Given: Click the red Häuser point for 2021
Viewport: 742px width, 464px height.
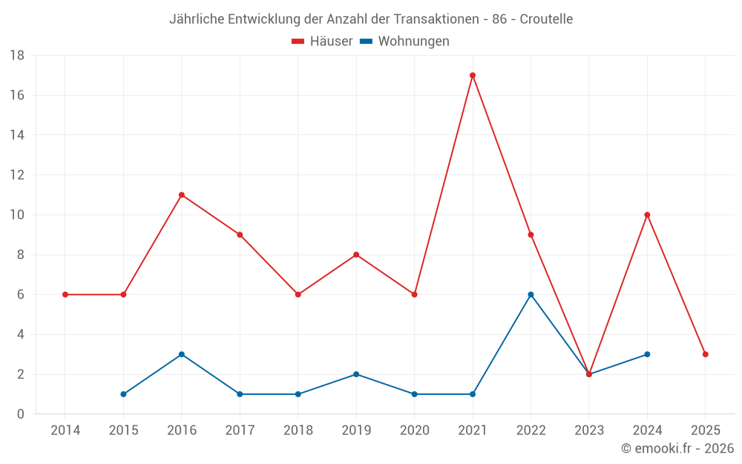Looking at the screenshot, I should (x=473, y=75).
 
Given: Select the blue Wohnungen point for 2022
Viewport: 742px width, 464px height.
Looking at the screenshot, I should (x=531, y=295).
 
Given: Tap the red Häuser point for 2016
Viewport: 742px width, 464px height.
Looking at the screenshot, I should (x=182, y=195).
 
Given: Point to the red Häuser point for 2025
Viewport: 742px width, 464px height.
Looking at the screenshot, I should (x=706, y=354).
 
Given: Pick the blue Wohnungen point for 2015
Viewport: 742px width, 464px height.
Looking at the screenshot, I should (x=123, y=394).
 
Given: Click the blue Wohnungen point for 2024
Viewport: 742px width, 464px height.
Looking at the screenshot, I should (x=647, y=354).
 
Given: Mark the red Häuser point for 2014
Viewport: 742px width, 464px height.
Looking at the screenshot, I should (x=65, y=295).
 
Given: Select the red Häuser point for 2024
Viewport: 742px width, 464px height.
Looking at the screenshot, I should (x=647, y=215).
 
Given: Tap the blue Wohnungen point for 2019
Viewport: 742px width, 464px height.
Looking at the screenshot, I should (x=356, y=374).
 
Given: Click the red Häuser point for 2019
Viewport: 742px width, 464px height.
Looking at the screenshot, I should (x=356, y=255).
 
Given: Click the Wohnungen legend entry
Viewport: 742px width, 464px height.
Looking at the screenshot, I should (x=405, y=42).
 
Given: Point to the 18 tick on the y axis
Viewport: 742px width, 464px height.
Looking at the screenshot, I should (x=17, y=56).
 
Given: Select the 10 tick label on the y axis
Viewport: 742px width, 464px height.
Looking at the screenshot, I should (x=17, y=215).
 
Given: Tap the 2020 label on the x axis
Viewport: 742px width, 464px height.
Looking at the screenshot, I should (x=414, y=431).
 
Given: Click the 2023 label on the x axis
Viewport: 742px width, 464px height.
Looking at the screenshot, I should (x=589, y=431).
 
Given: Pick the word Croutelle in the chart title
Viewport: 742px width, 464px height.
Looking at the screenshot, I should (x=546, y=19).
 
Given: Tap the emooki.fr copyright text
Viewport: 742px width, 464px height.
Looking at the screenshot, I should (x=677, y=448).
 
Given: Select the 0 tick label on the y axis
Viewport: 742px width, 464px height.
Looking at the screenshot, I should (x=21, y=414).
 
